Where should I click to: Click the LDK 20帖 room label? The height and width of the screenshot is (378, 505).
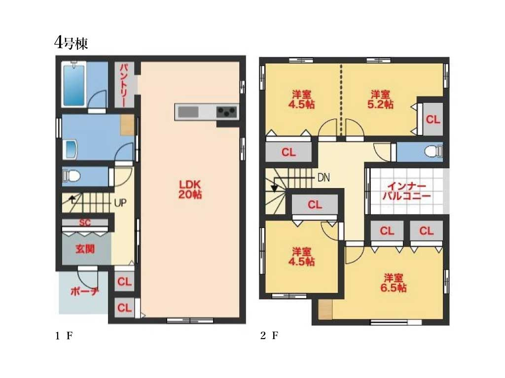pos(190,189)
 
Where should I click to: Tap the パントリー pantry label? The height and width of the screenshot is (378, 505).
pos(125,85)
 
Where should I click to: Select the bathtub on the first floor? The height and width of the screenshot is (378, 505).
pos(74,85)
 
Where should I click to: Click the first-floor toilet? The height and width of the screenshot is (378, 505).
pos(72,176)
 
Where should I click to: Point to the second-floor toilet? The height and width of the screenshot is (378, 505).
pos(433,152)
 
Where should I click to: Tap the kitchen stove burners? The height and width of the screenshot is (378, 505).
pos(227,112)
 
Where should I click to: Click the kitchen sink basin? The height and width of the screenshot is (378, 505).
pos(188,112)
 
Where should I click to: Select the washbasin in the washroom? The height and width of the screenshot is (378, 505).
pos(71,149)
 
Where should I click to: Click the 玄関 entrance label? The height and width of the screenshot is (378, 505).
pos(85,249)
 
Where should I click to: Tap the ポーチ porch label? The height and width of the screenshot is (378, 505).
pos(84,291)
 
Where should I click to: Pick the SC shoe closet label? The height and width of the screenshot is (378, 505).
pos(85,222)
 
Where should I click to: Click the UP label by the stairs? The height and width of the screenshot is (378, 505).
pos(120,203)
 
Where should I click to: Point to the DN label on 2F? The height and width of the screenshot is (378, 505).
pos(324,177)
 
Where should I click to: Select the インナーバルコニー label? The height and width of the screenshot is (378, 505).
pos(406,191)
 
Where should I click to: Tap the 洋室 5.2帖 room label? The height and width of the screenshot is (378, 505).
pos(380,99)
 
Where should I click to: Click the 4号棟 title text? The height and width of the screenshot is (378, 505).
pos(71,43)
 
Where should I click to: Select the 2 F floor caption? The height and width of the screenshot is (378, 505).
pos(269,336)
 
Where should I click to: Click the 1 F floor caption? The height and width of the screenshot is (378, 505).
pos(64,336)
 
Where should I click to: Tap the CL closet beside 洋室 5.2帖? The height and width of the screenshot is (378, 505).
pos(433,120)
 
